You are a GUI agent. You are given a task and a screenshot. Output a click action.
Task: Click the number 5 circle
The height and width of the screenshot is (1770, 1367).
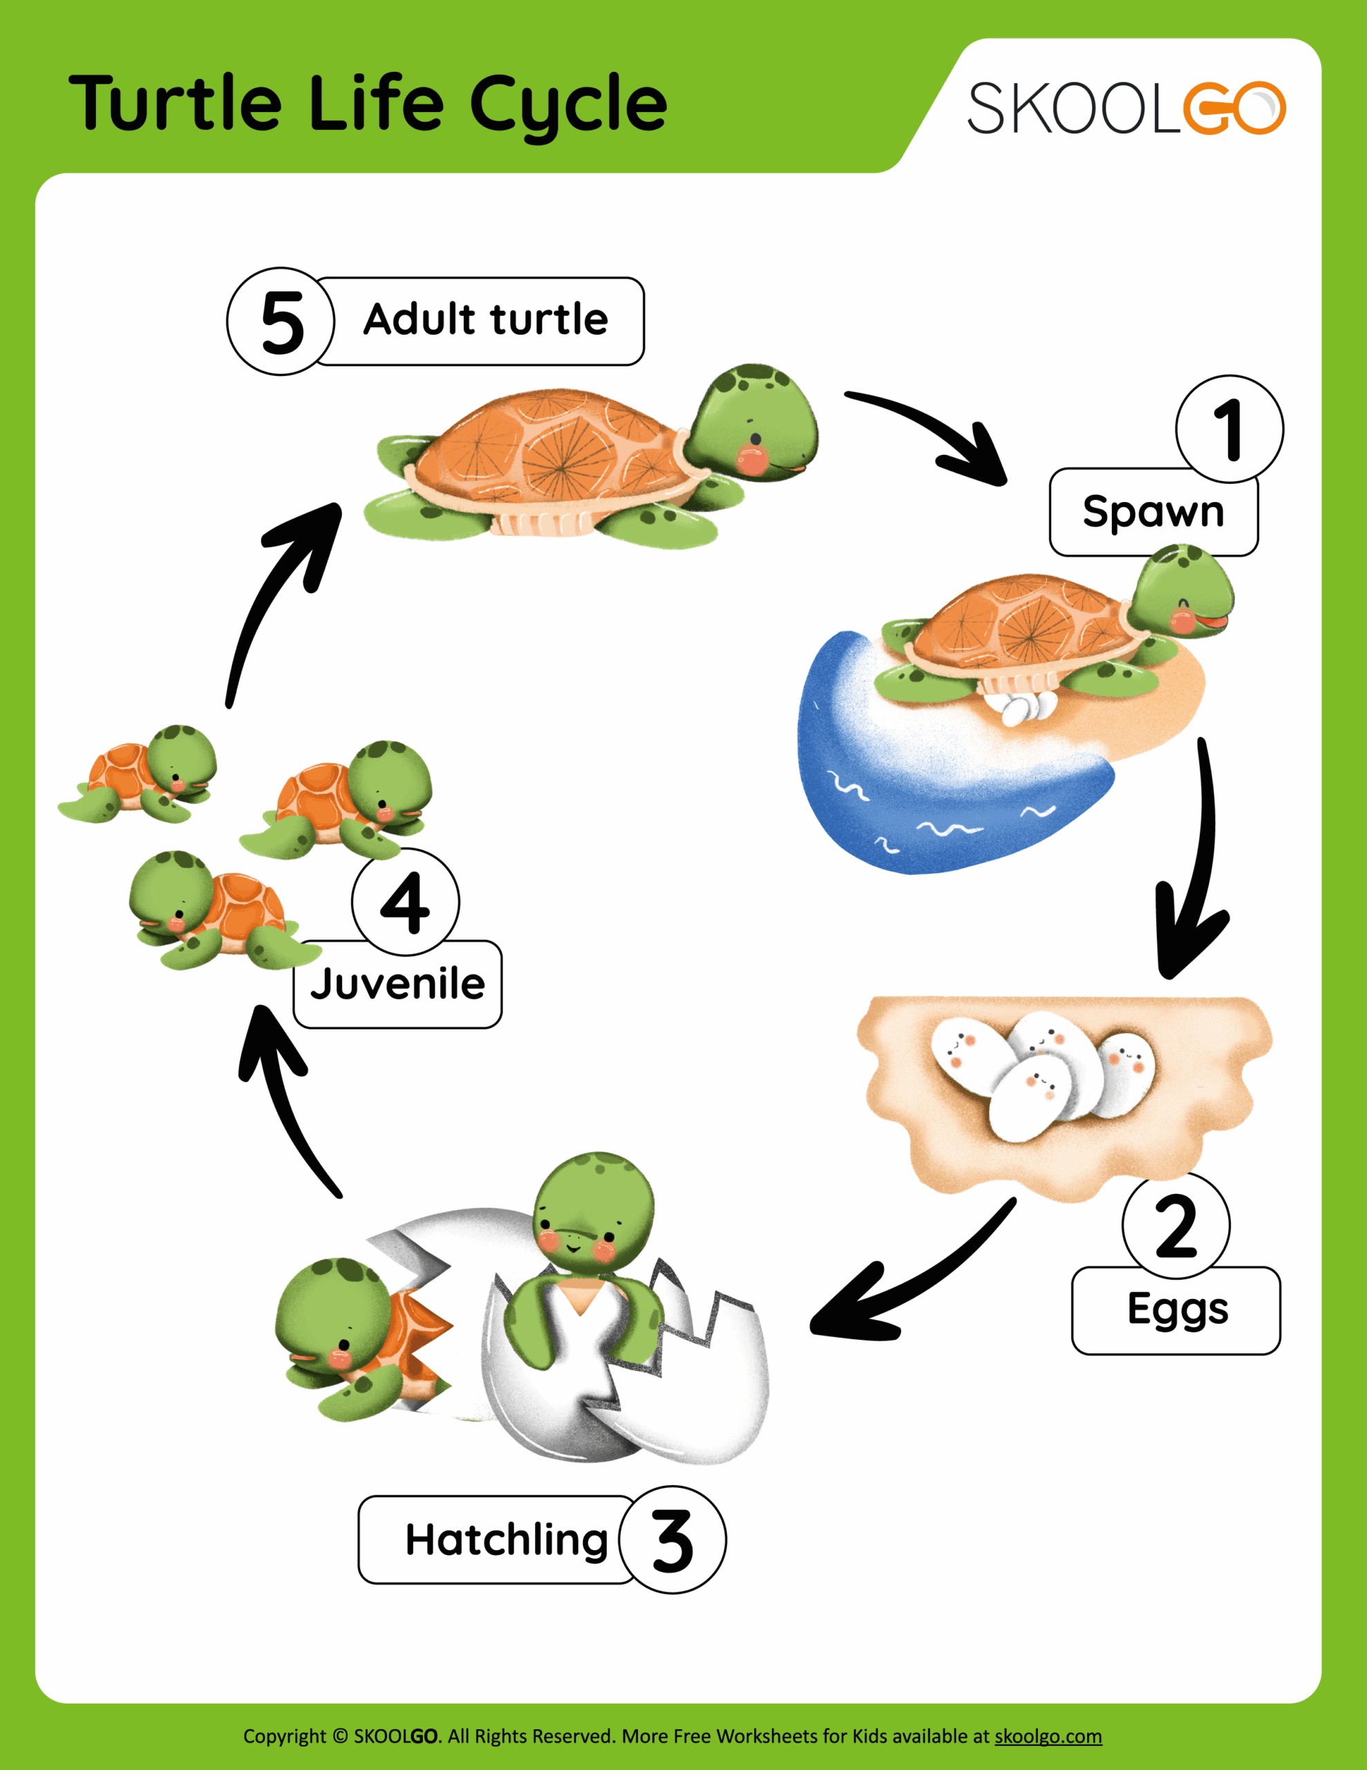coord(281,321)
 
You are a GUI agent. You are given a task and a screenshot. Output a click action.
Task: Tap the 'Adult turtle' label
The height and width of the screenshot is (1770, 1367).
coord(484,320)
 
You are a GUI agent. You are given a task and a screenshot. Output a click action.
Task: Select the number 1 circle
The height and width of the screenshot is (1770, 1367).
coord(1229,429)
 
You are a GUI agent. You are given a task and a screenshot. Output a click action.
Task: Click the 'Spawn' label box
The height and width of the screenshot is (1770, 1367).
coord(1152,512)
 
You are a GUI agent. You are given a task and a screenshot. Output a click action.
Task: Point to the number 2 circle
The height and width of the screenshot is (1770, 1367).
coord(1176,1225)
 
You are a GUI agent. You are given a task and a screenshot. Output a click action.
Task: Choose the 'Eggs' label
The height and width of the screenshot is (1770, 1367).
coord(1176,1310)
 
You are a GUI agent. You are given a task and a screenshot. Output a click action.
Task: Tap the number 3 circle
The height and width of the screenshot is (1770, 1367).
coord(672,1540)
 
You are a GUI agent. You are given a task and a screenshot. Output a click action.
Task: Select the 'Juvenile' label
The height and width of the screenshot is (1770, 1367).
coord(397,985)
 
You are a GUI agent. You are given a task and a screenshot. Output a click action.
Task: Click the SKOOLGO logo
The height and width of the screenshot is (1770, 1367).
coord(1126,108)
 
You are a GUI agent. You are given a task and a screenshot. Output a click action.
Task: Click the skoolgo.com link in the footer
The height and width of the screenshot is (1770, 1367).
coord(1048,1736)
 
